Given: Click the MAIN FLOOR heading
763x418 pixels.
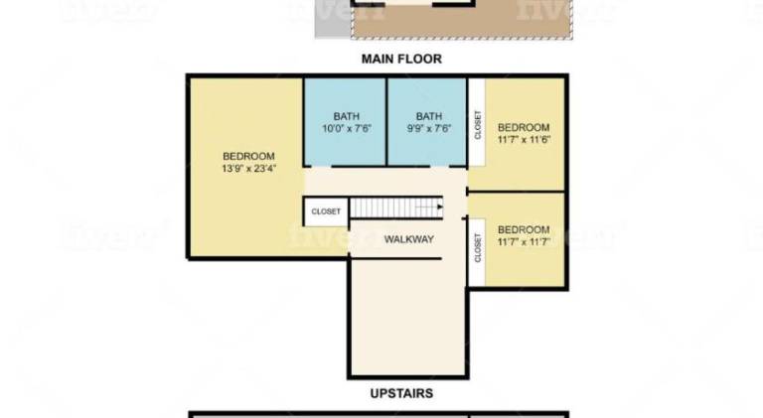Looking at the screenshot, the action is pyautogui.click(x=401, y=59).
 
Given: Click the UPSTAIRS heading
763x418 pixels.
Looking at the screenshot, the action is pyautogui.click(x=401, y=393).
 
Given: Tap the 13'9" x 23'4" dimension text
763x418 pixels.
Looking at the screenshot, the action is pyautogui.click(x=248, y=169).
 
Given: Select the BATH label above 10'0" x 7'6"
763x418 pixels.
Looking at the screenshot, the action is pyautogui.click(x=347, y=116).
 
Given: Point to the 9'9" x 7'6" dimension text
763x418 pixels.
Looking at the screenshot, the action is pyautogui.click(x=429, y=128).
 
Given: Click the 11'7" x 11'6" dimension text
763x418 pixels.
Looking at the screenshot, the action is pyautogui.click(x=524, y=139).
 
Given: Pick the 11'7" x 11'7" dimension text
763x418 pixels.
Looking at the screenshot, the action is pyautogui.click(x=524, y=241).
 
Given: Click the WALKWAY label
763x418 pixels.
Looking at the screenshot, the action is pyautogui.click(x=408, y=239).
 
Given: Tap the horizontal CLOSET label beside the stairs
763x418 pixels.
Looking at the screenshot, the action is pyautogui.click(x=326, y=211).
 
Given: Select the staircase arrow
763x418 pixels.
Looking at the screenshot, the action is pyautogui.click(x=429, y=208).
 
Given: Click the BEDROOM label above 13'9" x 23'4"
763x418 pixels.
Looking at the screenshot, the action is pyautogui.click(x=248, y=156).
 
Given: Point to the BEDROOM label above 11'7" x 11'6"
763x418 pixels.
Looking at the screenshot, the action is pyautogui.click(x=524, y=127).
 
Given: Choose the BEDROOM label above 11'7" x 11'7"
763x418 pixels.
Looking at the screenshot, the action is pyautogui.click(x=524, y=229).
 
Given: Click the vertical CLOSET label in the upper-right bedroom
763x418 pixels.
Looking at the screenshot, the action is pyautogui.click(x=477, y=125).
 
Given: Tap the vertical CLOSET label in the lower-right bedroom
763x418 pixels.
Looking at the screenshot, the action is pyautogui.click(x=477, y=248).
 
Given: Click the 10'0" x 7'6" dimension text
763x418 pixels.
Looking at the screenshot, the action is pyautogui.click(x=347, y=128).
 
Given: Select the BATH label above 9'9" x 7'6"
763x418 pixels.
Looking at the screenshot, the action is pyautogui.click(x=429, y=116).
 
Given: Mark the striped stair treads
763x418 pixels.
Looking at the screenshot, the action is pyautogui.click(x=396, y=208).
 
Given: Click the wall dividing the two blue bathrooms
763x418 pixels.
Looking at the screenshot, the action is pyautogui.click(x=386, y=121).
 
